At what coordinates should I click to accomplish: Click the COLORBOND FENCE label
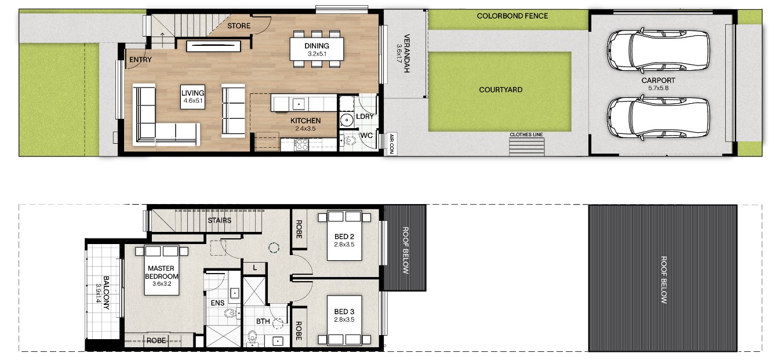click(512, 16)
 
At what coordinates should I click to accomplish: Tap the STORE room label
click(239, 26)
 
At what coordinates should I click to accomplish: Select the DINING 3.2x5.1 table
click(317, 49)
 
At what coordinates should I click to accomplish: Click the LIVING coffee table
click(192, 97)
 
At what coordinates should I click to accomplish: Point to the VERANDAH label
click(406, 53)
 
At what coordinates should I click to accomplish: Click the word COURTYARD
click(501, 90)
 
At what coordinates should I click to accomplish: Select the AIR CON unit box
click(391, 144)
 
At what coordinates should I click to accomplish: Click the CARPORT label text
click(658, 81)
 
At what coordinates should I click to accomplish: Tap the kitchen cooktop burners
click(301, 145)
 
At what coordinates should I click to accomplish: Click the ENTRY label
click(140, 60)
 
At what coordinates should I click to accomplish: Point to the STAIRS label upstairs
click(219, 220)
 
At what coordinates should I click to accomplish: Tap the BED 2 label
click(344, 237)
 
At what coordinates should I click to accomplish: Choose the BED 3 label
click(344, 311)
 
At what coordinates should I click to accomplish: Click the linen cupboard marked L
click(254, 268)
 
